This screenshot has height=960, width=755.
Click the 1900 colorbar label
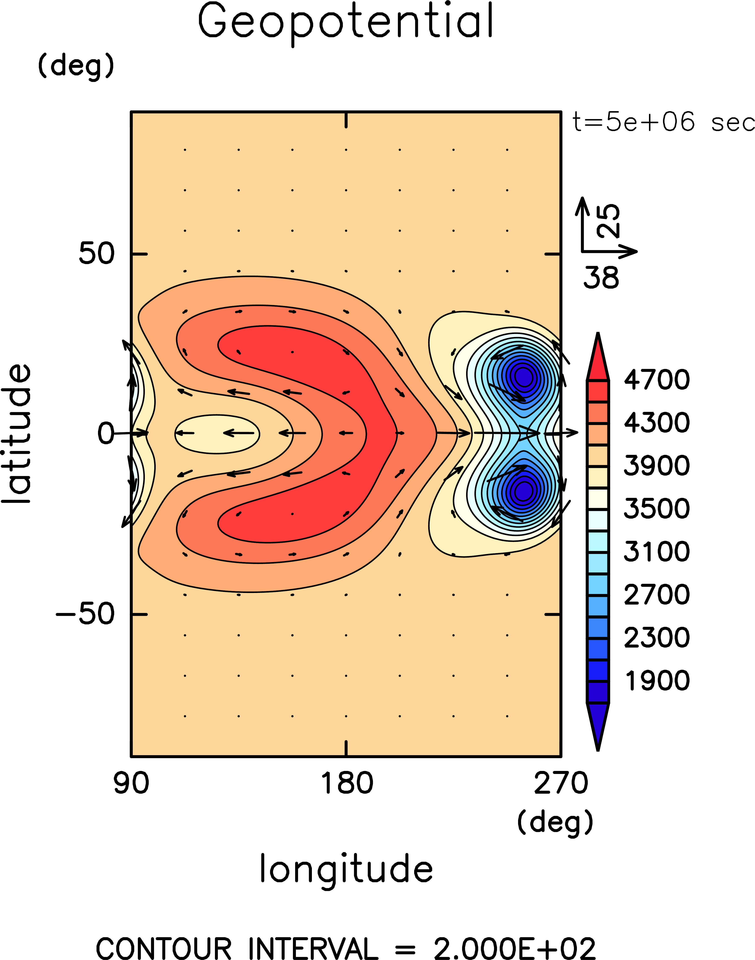[x=656, y=680]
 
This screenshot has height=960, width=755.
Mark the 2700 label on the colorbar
[x=656, y=594]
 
